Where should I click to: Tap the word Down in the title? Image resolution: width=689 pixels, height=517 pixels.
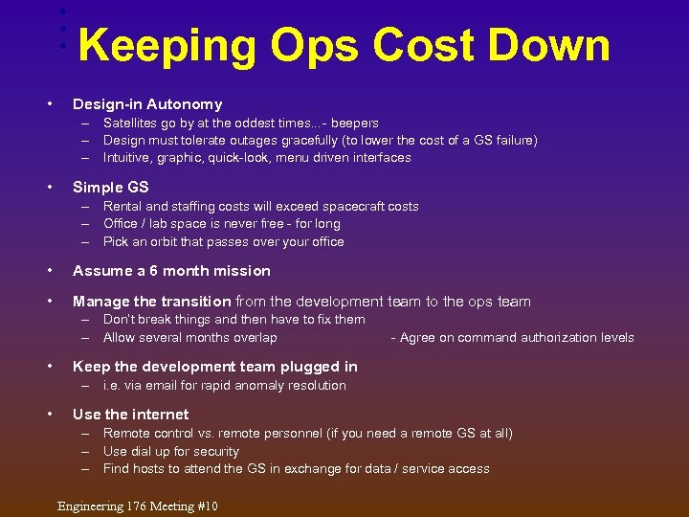coord(555,45)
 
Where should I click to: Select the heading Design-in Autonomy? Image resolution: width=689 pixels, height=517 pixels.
coord(147,104)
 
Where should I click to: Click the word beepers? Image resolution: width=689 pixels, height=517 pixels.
coord(354,124)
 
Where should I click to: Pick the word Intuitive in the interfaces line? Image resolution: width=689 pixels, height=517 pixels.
coord(126,158)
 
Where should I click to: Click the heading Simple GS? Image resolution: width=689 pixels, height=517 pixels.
coord(110,187)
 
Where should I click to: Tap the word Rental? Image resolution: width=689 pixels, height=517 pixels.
coord(123,206)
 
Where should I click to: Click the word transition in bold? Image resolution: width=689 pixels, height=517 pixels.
coord(198,301)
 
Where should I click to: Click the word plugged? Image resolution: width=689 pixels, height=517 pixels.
coord(302,367)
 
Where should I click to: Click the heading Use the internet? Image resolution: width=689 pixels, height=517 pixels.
coord(130,415)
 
